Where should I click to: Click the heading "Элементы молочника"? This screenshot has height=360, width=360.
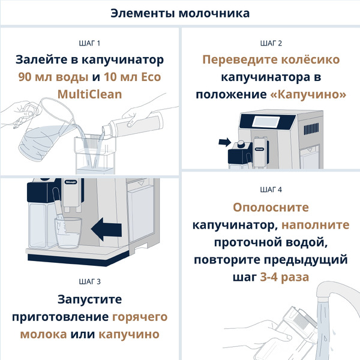pyautogui.click(x=180, y=13)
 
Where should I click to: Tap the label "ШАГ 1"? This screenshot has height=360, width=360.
pyautogui.click(x=89, y=43)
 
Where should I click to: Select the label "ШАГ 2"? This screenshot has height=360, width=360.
pyautogui.click(x=271, y=43)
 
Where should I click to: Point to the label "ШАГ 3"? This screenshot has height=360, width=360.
pyautogui.click(x=89, y=281)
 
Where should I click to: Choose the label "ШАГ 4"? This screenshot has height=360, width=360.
pyautogui.click(x=271, y=190)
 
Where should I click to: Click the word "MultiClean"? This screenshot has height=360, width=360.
pyautogui.click(x=89, y=94)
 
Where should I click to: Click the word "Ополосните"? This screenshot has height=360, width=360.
pyautogui.click(x=271, y=208)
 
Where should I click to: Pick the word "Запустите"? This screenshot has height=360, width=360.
pyautogui.click(x=89, y=299)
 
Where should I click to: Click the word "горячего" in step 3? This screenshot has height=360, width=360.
pyautogui.click(x=139, y=316)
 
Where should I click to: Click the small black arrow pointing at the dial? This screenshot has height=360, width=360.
pyautogui.click(x=224, y=142)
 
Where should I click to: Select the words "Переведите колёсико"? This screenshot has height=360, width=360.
pyautogui.click(x=271, y=61)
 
